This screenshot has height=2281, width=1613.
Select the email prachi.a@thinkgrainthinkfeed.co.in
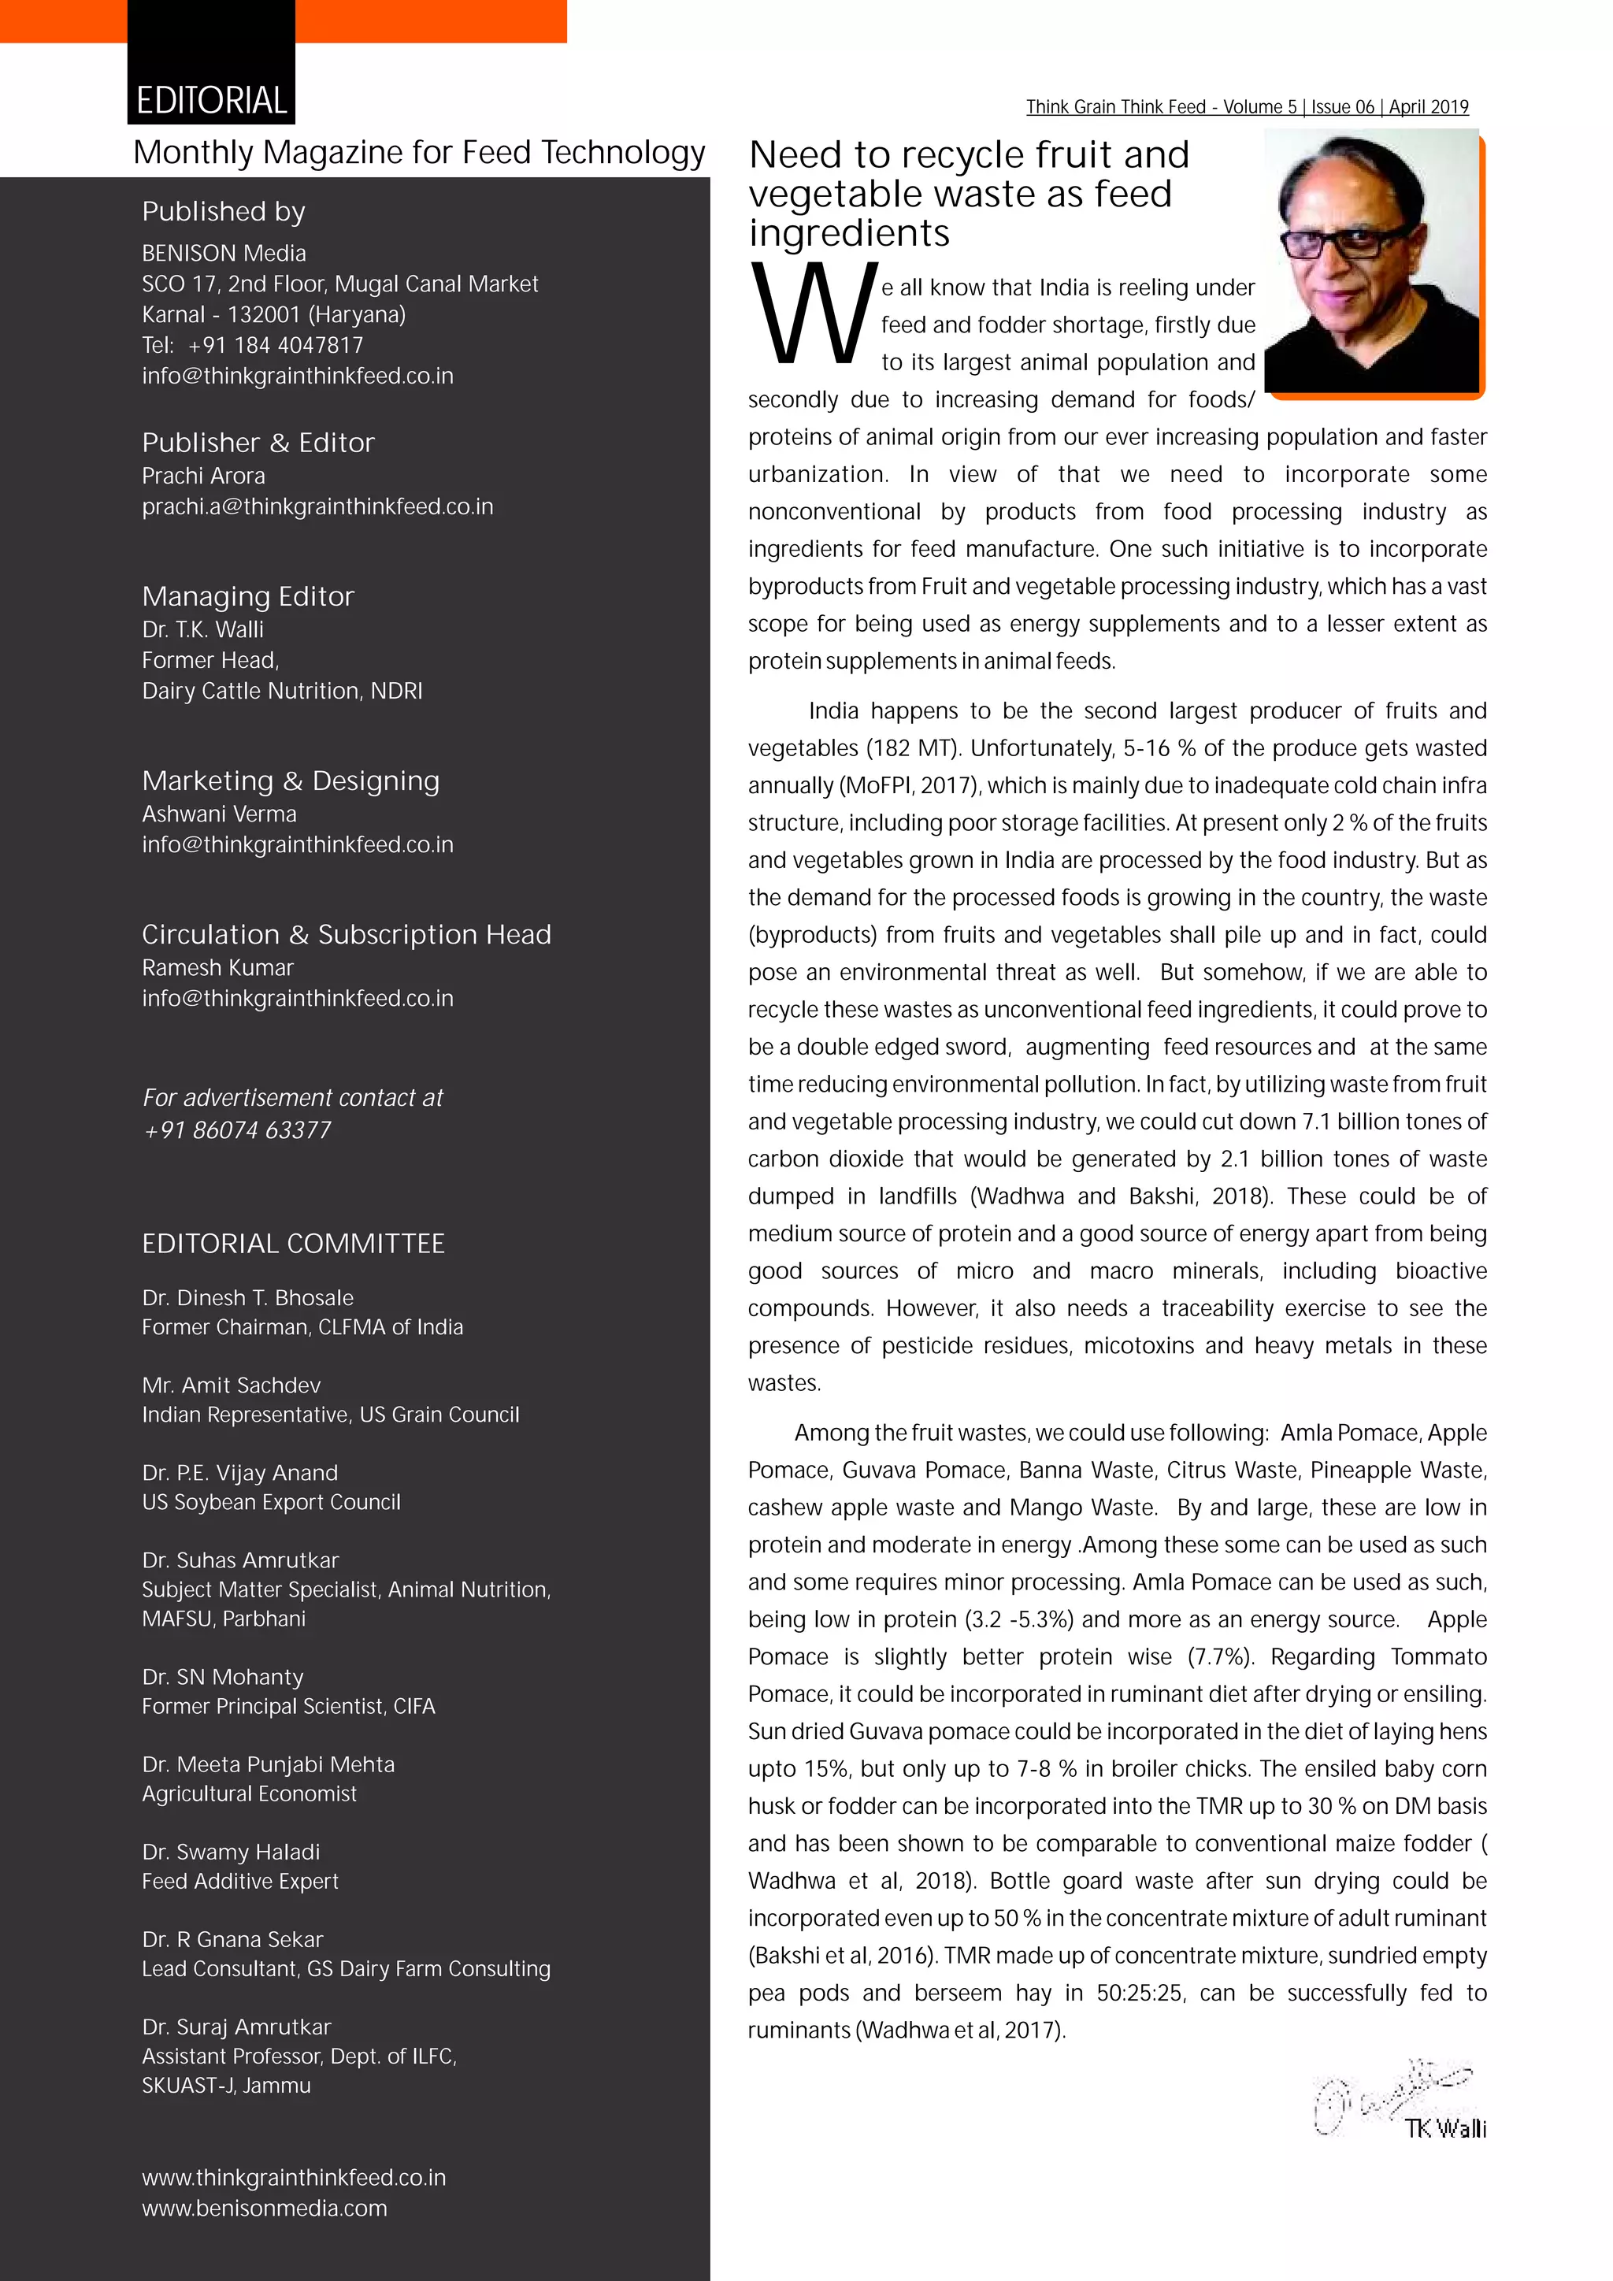click(317, 506)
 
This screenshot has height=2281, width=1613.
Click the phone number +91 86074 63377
click(237, 1129)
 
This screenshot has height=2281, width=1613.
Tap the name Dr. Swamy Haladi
click(231, 1852)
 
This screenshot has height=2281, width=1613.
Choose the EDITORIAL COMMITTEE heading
click(293, 1244)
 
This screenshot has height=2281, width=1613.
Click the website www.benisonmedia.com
click(264, 2209)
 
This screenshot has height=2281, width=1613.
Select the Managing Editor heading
click(247, 596)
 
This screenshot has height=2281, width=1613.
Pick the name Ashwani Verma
click(218, 814)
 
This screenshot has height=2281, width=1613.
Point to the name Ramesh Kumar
click(217, 968)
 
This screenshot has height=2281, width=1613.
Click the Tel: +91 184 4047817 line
click(252, 345)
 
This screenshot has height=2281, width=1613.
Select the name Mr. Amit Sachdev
click(231, 1385)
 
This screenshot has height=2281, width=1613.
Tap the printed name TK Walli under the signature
click(1445, 2128)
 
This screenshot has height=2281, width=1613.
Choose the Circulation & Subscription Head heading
click(346, 935)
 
